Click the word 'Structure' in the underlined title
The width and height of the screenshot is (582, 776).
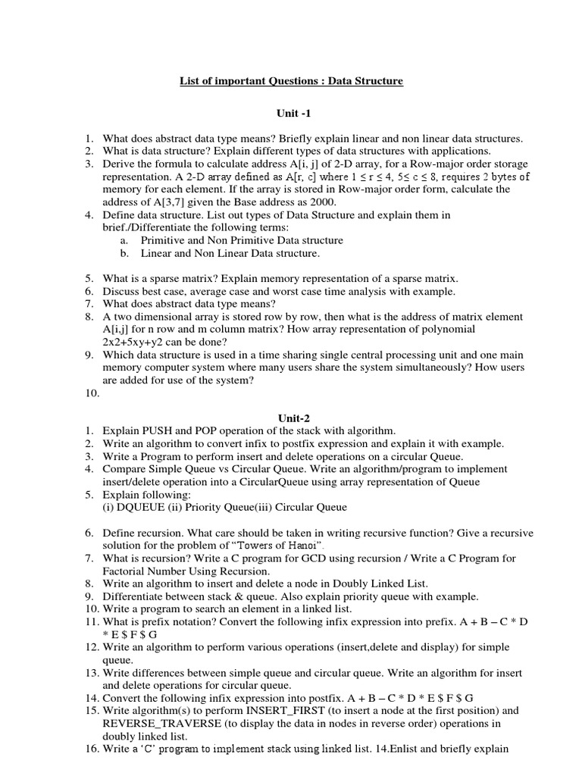[x=374, y=81]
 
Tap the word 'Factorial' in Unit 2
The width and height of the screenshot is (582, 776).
[x=126, y=571]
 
